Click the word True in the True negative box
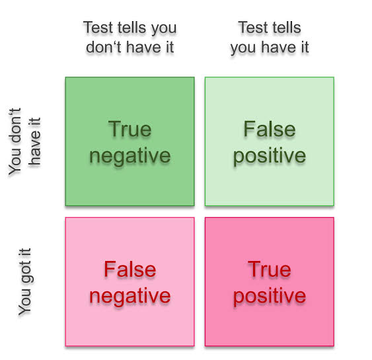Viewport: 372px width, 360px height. coord(130,129)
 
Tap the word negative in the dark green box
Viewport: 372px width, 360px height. coord(130,156)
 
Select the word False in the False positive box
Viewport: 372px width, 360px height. coord(270,129)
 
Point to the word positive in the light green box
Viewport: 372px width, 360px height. coord(270,156)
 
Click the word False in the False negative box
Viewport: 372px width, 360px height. coord(130,269)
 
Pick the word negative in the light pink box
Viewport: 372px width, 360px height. coord(130,296)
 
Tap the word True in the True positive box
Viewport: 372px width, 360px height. coord(270,269)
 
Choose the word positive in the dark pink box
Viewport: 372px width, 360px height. coord(270,296)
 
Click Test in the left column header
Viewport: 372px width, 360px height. coord(98,28)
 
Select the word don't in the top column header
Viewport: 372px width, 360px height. coord(104,47)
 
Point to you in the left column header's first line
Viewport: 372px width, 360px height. coord(164,30)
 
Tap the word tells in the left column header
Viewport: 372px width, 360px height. coord(133,28)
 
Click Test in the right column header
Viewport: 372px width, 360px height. coord(253,28)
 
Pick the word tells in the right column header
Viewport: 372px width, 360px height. coord(286,28)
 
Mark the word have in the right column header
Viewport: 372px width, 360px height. coord(279,47)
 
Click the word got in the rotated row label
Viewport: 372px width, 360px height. coord(26,273)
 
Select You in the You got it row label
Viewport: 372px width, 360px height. coord(24,302)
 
